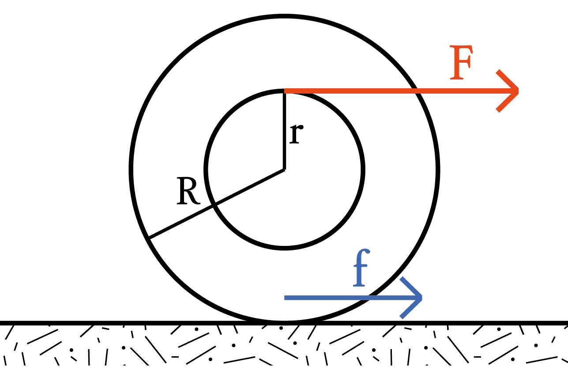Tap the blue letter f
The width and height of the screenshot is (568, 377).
click(x=361, y=270)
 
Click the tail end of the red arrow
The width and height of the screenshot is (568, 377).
click(x=286, y=91)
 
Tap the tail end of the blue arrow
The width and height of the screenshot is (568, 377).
click(x=286, y=298)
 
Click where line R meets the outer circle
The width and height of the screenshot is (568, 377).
click(x=149, y=238)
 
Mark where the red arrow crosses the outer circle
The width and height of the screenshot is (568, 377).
click(x=417, y=91)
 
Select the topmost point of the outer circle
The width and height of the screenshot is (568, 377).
click(x=284, y=16)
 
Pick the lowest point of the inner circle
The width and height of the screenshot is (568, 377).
click(x=284, y=248)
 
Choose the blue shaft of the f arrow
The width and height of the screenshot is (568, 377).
click(x=327, y=298)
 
